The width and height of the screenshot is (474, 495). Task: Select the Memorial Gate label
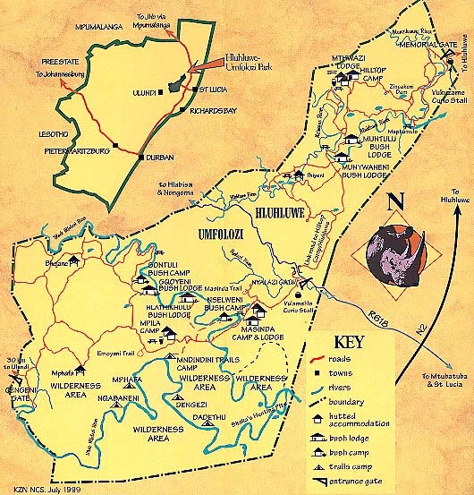pyautogui.click(x=428, y=42)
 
